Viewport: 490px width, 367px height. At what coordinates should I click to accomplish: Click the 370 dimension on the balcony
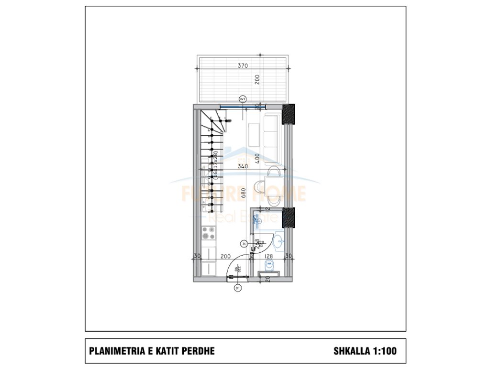pos(243,66)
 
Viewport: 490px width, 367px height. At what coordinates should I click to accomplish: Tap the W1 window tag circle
pos(243,99)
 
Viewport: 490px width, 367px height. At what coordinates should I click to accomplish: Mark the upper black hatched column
pos(289,115)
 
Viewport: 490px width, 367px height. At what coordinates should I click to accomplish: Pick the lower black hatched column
pos(289,217)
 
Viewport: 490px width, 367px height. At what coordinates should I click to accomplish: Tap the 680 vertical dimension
pos(244,193)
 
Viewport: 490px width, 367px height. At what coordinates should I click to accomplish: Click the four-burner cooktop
pos(208,233)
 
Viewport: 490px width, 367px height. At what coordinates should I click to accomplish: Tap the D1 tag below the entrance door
pos(237,288)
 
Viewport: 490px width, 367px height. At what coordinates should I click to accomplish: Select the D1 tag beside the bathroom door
pos(245,244)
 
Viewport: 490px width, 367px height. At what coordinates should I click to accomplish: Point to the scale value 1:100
pos(385,351)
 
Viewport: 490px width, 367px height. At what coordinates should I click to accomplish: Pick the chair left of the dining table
pos(257,184)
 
